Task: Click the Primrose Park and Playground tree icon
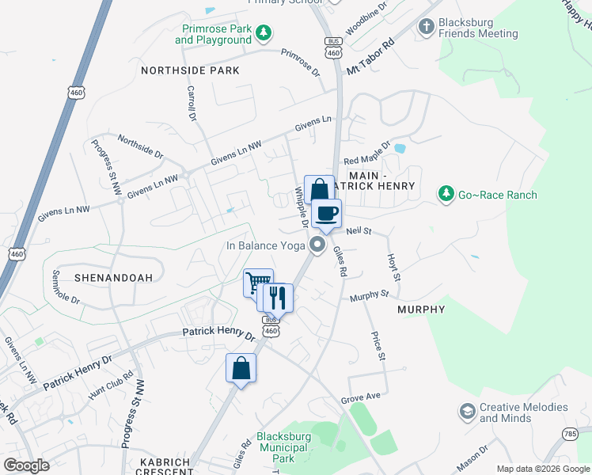(264, 32)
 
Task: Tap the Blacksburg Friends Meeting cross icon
(427, 27)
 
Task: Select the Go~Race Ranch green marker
(446, 194)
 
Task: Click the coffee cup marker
(326, 211)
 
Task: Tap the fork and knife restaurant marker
(277, 298)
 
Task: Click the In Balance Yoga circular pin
(318, 245)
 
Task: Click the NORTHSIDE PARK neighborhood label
(190, 70)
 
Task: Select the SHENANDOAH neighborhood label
(108, 279)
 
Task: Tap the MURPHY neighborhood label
(421, 309)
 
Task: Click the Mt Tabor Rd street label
(370, 59)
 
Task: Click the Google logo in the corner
(26, 465)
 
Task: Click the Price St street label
(378, 346)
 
